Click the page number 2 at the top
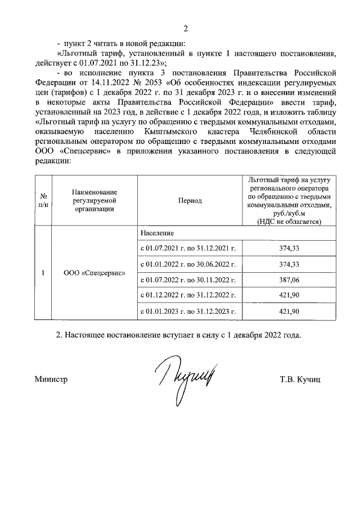(186, 29)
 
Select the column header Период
(190, 200)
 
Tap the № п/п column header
(43, 200)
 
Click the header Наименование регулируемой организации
(93, 200)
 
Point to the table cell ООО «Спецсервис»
(93, 273)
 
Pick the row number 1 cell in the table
(43, 273)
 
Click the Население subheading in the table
(157, 233)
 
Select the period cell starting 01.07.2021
(187, 247)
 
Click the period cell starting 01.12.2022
(187, 295)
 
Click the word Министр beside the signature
(51, 380)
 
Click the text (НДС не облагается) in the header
(289, 222)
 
